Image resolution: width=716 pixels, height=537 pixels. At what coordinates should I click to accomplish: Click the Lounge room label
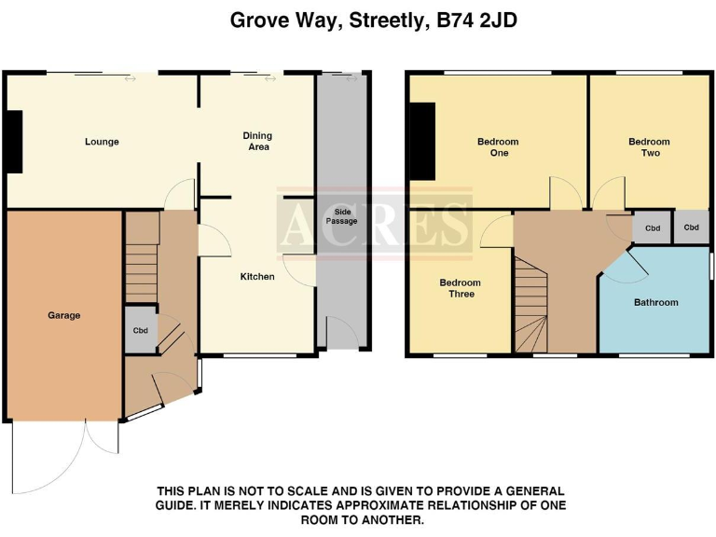click(x=102, y=142)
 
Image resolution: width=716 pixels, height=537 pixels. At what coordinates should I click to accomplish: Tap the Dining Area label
click(x=258, y=142)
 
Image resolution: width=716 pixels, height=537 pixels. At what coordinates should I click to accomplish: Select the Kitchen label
click(x=257, y=277)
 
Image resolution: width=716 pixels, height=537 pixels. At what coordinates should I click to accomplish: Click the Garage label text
click(x=64, y=315)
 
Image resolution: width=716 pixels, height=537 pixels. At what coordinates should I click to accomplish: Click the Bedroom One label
click(x=498, y=147)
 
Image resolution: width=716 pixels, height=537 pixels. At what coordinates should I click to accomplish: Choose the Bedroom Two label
click(x=649, y=147)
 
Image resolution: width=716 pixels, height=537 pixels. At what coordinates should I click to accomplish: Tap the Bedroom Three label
click(x=461, y=288)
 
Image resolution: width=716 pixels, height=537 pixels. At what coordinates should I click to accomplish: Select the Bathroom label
click(x=656, y=302)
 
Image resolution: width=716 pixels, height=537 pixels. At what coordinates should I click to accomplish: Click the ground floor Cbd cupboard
click(x=141, y=330)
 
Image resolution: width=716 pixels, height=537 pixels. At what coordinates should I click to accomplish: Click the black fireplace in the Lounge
click(x=14, y=142)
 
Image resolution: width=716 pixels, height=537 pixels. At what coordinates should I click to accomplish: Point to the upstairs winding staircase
click(x=534, y=308)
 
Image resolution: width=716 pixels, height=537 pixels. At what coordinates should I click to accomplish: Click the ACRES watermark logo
click(x=374, y=224)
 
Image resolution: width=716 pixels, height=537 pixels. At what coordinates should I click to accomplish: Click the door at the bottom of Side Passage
click(x=340, y=333)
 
